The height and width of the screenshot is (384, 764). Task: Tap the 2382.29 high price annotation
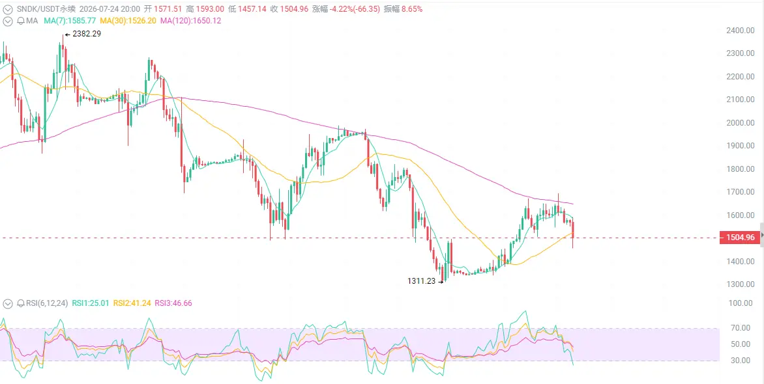click(86, 34)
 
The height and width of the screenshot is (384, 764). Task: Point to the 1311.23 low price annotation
click(421, 281)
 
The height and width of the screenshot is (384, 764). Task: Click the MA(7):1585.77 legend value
click(70, 21)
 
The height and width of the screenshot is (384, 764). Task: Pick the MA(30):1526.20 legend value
click(128, 21)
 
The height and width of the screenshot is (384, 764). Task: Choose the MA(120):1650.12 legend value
click(190, 21)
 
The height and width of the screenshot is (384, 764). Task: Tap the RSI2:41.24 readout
click(132, 303)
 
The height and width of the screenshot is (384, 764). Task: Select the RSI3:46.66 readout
click(173, 303)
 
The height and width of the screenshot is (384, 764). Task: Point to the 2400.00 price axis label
click(740, 30)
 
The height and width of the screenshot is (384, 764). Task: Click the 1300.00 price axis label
click(740, 284)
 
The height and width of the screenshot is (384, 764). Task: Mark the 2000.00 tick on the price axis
click(740, 122)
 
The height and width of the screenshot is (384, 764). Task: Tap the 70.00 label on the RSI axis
click(744, 328)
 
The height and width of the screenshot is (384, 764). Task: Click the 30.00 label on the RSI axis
click(744, 360)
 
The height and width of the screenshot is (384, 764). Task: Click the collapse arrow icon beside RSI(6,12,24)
click(7, 303)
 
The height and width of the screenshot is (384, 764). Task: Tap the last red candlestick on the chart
click(573, 234)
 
